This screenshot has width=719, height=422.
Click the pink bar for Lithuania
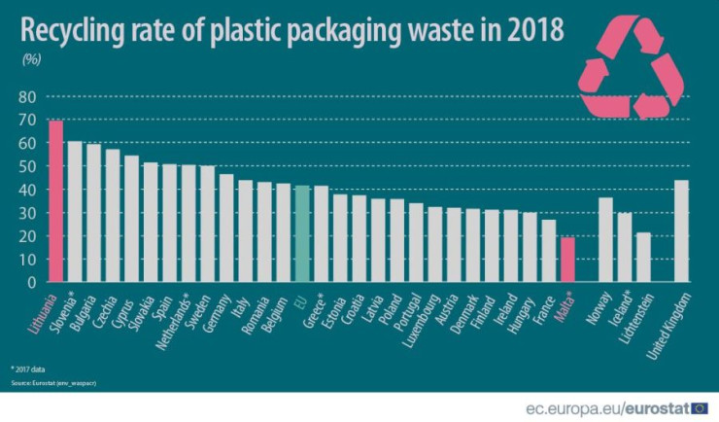56,201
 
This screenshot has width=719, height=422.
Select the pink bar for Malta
567,260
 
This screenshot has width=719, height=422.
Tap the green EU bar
302,233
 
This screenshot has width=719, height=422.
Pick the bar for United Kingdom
681,231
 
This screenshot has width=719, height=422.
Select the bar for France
548,251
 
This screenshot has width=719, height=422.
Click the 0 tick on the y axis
31,283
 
